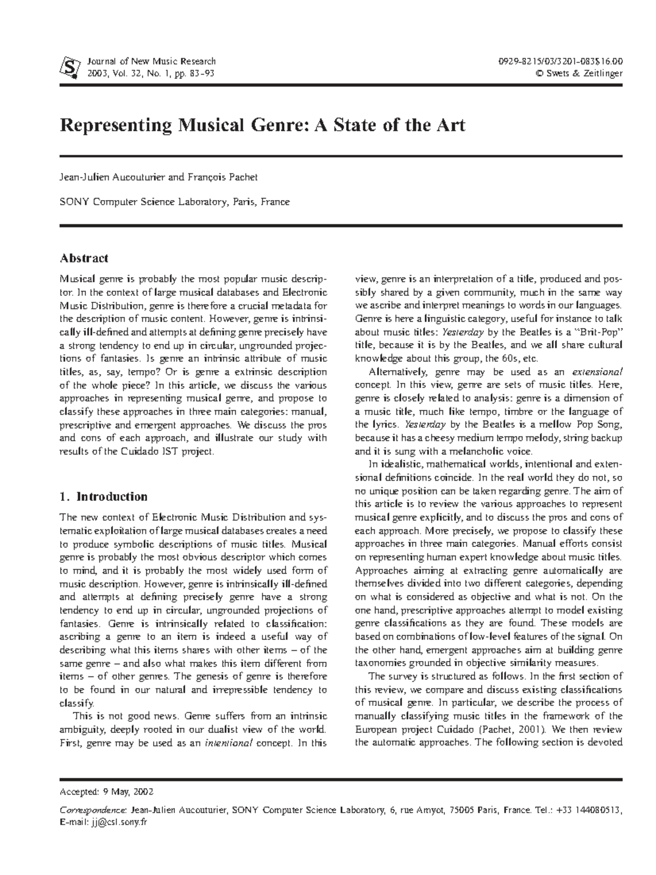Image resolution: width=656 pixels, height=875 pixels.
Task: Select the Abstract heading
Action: (x=84, y=258)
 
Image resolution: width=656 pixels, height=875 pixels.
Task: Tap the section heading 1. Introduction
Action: (x=103, y=497)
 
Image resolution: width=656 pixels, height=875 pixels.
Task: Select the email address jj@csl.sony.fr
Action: (x=119, y=822)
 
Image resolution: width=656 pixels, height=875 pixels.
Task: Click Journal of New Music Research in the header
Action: (x=151, y=61)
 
